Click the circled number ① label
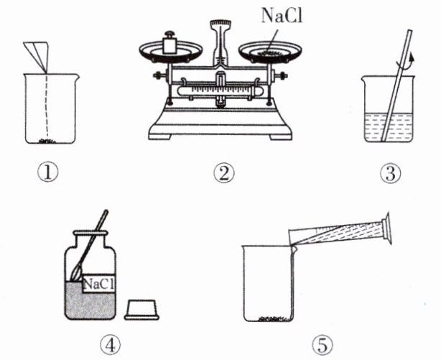[x=48, y=173]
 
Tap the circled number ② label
[x=224, y=173]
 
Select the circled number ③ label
[x=391, y=173]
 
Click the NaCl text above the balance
[x=282, y=16]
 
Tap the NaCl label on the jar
[x=99, y=284]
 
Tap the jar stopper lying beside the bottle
[x=141, y=310]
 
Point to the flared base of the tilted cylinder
[x=385, y=229]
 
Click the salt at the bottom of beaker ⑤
[x=274, y=318]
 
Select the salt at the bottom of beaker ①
[x=47, y=141]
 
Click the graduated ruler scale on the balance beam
[x=216, y=91]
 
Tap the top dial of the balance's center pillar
[x=220, y=23]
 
